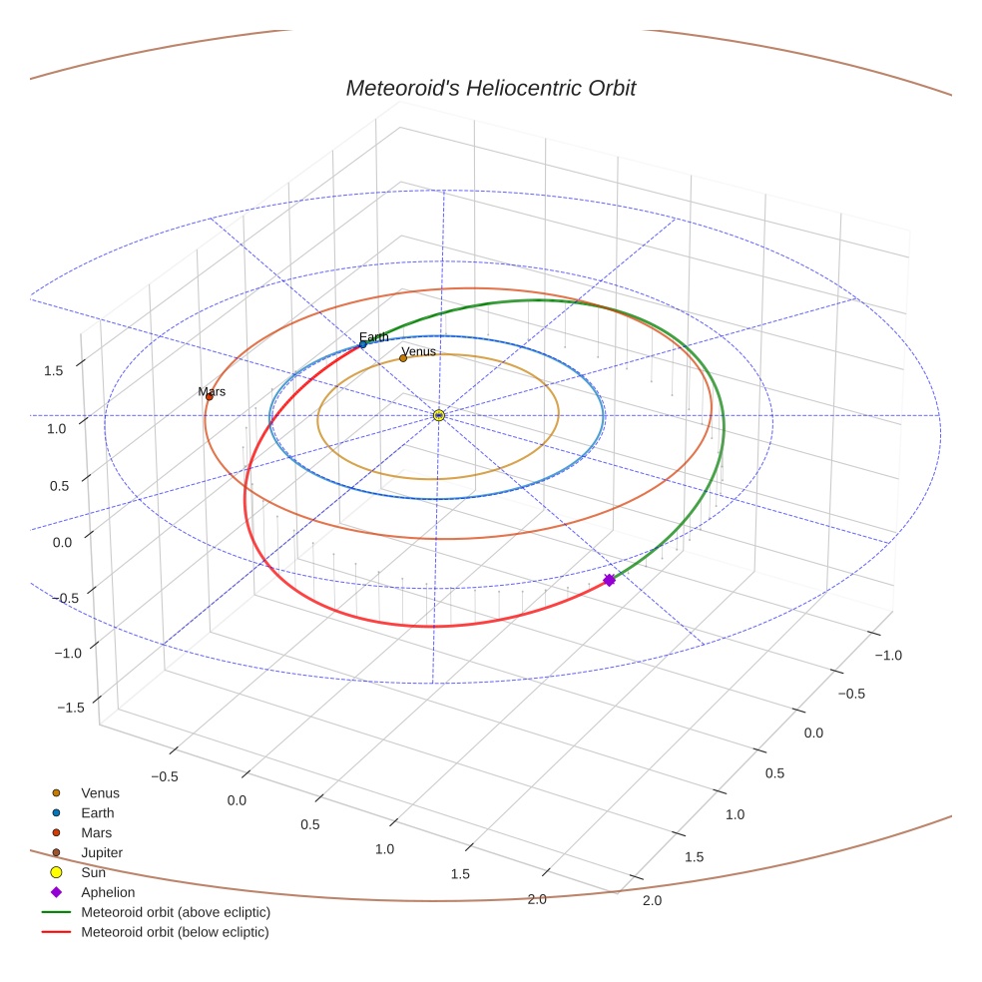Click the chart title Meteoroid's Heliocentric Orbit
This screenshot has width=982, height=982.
click(x=490, y=88)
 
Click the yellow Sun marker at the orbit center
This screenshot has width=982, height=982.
click(x=439, y=415)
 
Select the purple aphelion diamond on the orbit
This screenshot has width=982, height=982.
click(x=610, y=580)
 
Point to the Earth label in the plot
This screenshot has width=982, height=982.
click(x=374, y=337)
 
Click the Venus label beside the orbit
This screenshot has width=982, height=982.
click(x=419, y=351)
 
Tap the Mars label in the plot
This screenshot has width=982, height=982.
click(x=212, y=392)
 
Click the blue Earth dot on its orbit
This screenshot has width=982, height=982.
click(x=363, y=345)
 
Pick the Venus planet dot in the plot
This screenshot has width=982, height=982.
click(x=403, y=357)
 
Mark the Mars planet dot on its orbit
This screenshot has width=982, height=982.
click(x=210, y=397)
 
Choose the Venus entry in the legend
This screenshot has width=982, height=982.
click(x=101, y=793)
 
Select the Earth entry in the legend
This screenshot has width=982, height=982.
click(x=98, y=813)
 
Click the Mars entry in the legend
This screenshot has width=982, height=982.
click(x=97, y=832)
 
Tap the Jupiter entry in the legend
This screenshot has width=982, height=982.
click(x=102, y=853)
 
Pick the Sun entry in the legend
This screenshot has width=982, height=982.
click(x=94, y=872)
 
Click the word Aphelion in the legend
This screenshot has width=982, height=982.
click(x=108, y=892)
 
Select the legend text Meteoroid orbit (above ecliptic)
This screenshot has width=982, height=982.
click(x=176, y=912)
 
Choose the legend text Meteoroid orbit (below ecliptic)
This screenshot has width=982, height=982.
click(x=176, y=932)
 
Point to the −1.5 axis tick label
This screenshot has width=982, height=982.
click(x=70, y=708)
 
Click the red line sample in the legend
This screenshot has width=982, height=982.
click(x=56, y=932)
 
